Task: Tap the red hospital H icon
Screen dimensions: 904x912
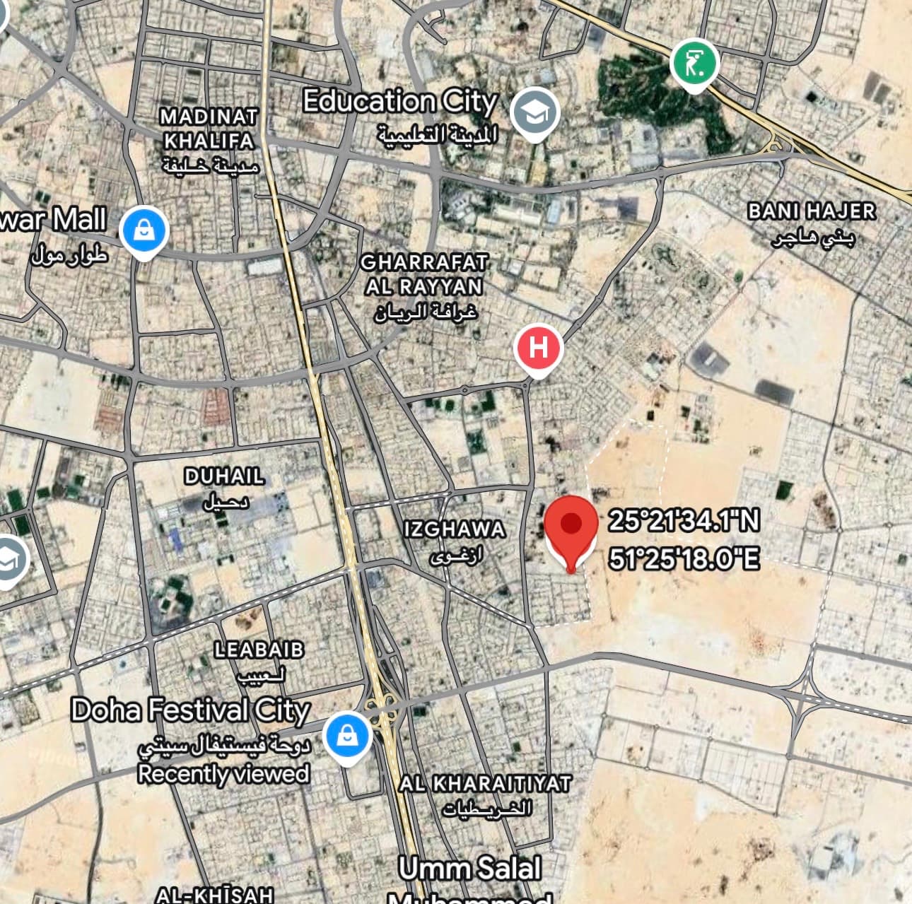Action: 539,348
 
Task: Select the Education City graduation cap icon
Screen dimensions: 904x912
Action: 535,112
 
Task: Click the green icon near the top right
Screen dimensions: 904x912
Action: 694,64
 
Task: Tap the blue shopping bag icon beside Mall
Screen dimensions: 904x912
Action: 144,230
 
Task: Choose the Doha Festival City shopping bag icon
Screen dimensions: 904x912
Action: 347,736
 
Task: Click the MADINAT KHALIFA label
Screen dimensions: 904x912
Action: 209,129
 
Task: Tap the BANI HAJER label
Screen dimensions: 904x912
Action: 812,211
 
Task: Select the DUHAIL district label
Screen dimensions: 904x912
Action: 224,476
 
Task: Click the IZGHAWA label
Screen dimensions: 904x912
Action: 455,529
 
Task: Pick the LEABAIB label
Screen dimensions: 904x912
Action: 259,650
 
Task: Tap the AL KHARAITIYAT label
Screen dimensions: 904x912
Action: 485,783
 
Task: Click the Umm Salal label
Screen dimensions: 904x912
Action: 470,869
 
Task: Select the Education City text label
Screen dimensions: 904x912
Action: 400,101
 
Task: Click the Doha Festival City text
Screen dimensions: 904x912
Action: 191,710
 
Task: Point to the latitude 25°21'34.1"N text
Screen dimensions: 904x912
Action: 684,521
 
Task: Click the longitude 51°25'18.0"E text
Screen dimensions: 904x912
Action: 684,559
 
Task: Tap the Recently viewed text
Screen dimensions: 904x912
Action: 224,773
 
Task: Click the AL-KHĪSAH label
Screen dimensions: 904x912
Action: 215,895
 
